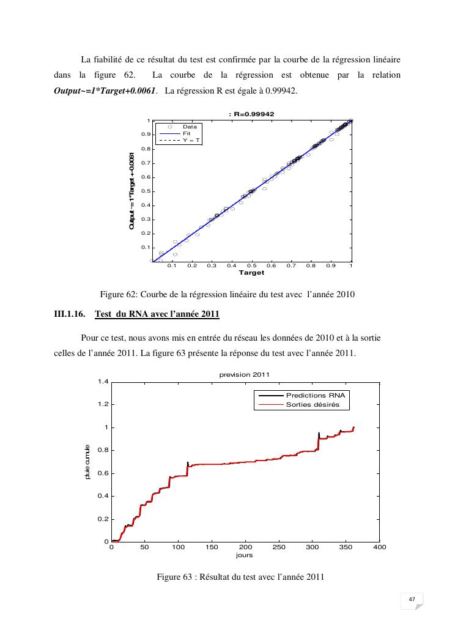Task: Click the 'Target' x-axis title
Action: (x=251, y=273)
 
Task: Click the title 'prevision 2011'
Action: (x=245, y=375)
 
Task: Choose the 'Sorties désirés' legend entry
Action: (x=313, y=405)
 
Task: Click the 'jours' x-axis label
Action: (x=244, y=555)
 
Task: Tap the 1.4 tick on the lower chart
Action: (x=103, y=382)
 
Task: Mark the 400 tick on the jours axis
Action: (x=380, y=547)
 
